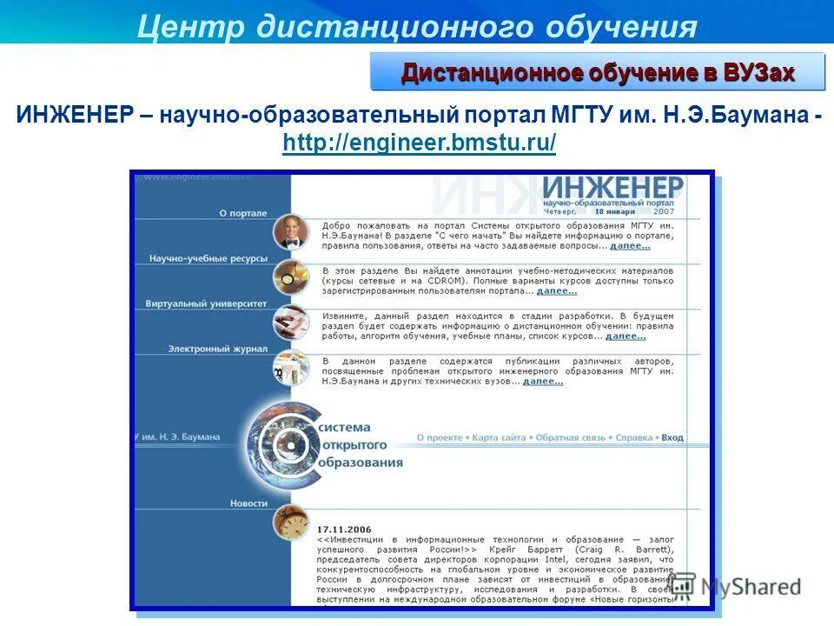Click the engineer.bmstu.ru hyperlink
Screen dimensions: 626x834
click(x=419, y=143)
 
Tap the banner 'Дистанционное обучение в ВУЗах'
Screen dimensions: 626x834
click(x=598, y=72)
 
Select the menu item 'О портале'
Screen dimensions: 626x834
click(x=242, y=213)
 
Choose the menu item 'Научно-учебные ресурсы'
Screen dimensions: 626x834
click(x=208, y=258)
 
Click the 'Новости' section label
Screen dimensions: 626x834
click(x=248, y=503)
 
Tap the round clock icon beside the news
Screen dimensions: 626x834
click(x=290, y=523)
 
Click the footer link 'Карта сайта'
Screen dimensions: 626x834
click(x=500, y=438)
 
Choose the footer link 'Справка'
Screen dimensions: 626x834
click(x=633, y=438)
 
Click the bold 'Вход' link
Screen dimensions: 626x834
click(x=672, y=438)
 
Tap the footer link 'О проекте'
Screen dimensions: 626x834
click(x=440, y=438)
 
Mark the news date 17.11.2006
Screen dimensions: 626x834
click(x=344, y=529)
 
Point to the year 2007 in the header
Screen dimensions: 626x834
click(x=663, y=210)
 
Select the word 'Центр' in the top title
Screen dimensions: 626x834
click(x=191, y=26)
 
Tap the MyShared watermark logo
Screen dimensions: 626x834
click(x=735, y=588)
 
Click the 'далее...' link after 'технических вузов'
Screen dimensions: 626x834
click(x=543, y=381)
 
